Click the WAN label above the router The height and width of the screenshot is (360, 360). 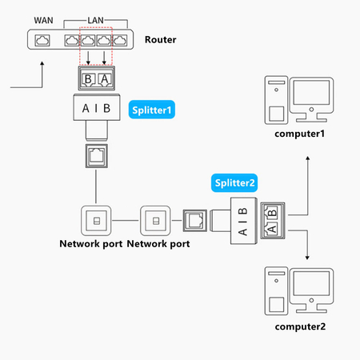pos(44,18)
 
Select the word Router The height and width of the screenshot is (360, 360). pos(160,39)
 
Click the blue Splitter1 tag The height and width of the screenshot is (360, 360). pos(151,108)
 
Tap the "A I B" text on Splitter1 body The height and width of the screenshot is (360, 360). pos(96,108)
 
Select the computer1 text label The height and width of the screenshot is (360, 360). pos(300,133)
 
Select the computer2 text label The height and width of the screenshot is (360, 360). pos(300,326)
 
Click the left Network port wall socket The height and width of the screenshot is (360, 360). pos(96,219)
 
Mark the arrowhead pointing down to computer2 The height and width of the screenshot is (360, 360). pos(309,258)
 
